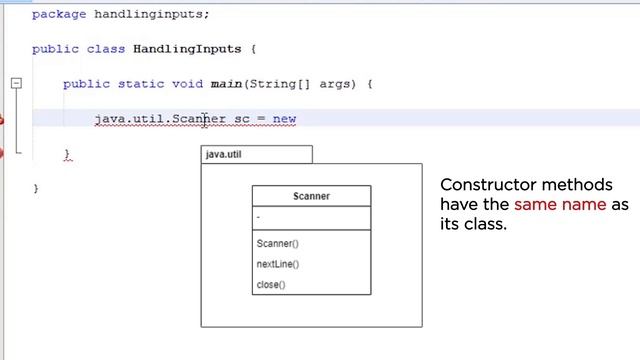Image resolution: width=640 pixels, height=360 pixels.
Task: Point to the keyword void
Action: tap(187, 84)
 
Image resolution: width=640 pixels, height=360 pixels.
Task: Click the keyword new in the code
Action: tap(285, 119)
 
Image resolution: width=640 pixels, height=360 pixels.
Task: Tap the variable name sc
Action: tap(242, 119)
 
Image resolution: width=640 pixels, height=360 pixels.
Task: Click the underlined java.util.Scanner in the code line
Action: tap(160, 119)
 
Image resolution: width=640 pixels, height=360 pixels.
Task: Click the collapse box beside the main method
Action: tap(16, 84)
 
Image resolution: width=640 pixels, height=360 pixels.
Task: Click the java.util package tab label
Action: tap(223, 155)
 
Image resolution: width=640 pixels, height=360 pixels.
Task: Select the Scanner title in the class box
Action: tap(311, 196)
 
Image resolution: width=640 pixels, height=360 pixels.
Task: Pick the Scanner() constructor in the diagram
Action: tap(277, 244)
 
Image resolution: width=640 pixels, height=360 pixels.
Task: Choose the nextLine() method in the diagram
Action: tap(278, 264)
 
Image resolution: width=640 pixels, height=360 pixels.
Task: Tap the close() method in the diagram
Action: tap(271, 285)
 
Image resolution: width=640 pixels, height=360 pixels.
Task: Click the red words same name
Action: tap(560, 205)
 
